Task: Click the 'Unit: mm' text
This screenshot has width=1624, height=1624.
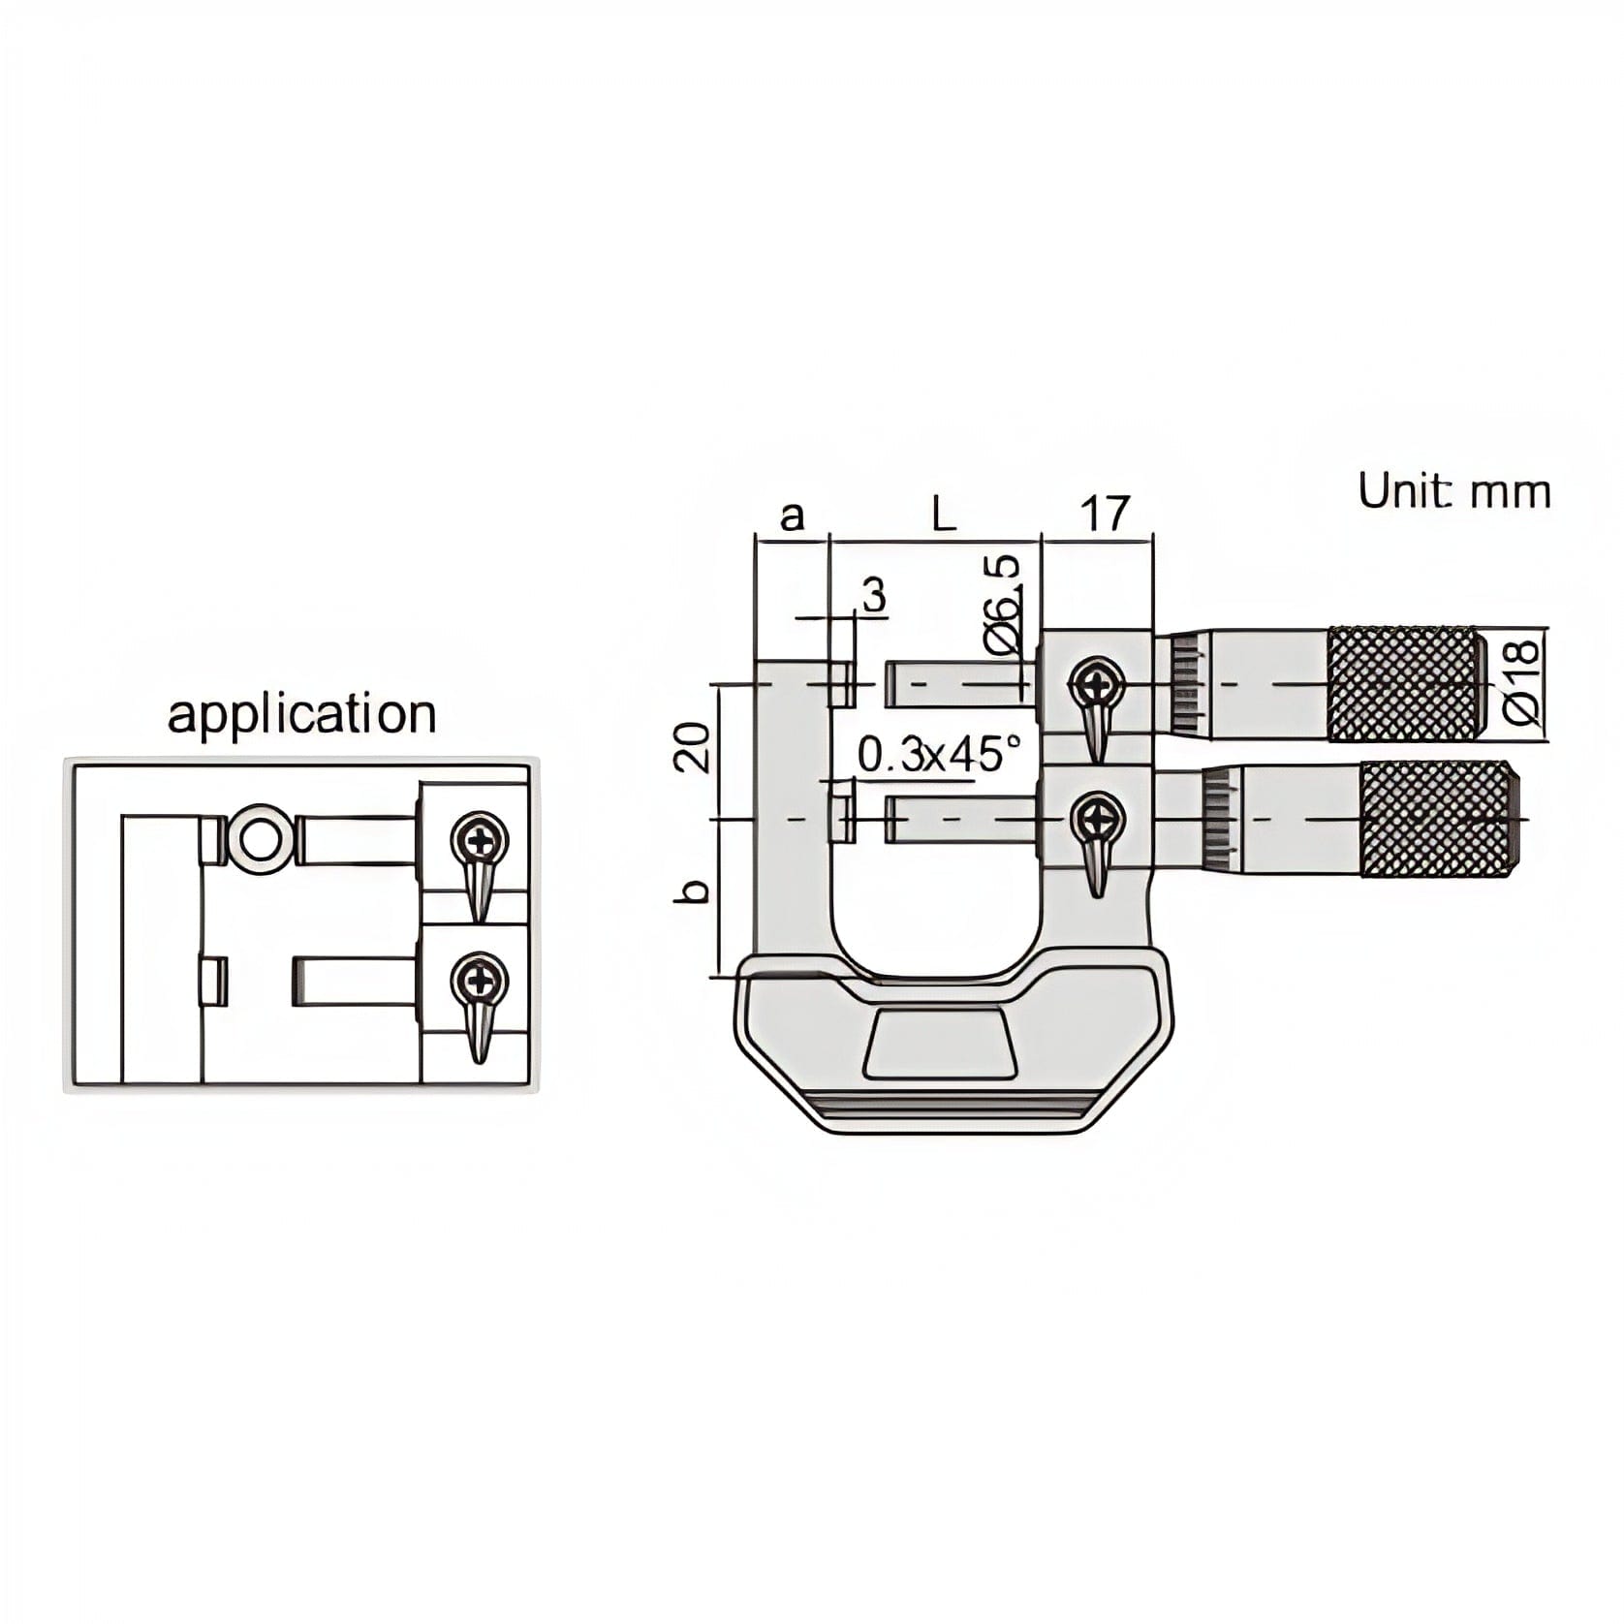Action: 1452,492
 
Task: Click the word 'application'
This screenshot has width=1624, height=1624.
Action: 301,715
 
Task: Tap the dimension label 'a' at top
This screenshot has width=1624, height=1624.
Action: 793,515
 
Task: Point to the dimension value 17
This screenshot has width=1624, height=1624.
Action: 1104,514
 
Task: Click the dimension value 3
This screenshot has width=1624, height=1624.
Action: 874,596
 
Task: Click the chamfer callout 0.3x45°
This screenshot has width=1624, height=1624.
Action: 939,753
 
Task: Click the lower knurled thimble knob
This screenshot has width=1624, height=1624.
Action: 1438,819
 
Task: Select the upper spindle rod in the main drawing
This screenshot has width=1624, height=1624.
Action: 954,683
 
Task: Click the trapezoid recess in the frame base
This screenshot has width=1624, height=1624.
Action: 940,1043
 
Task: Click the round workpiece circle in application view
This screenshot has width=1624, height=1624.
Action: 257,838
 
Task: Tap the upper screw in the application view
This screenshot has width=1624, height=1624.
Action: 482,839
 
